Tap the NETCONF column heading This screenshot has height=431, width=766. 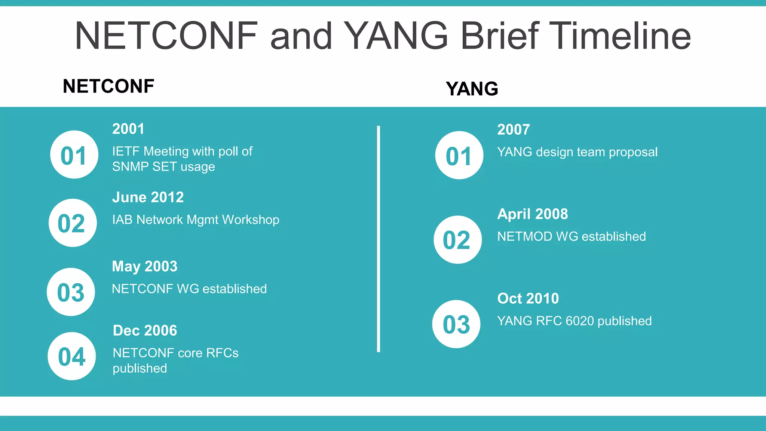[108, 86]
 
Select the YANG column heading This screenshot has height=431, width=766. [472, 89]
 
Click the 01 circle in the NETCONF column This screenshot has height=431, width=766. [74, 155]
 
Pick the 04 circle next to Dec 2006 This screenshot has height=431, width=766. [72, 356]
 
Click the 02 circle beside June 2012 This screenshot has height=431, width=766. [73, 223]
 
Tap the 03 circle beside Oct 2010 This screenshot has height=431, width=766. [456, 324]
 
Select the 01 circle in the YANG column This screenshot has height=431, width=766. [459, 155]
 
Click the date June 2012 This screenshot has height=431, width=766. [148, 197]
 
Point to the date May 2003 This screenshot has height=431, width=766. [145, 266]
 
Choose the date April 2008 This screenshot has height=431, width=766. [532, 214]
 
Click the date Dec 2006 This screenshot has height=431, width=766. [145, 330]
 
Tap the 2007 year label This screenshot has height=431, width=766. [513, 130]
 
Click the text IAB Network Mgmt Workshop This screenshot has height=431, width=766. [196, 220]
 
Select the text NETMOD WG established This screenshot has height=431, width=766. [571, 236]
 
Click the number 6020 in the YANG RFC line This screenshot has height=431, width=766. [580, 321]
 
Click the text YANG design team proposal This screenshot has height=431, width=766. [577, 152]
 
